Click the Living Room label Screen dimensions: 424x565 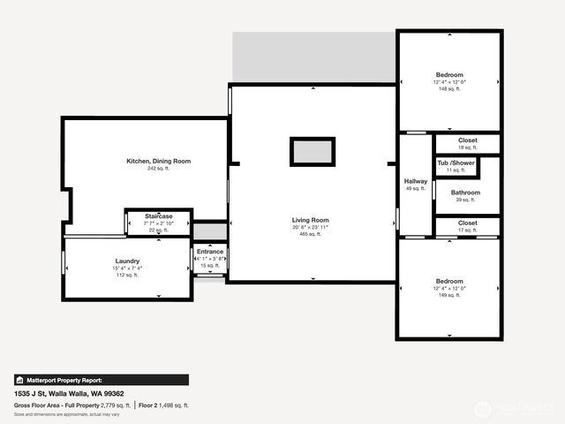point(311,220)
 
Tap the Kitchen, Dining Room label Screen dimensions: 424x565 point(159,161)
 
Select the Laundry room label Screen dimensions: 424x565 point(128,261)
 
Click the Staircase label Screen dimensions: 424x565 point(159,216)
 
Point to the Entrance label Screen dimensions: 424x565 point(210,252)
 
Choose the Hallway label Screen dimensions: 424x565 point(415,181)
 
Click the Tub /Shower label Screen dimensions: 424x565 point(456,163)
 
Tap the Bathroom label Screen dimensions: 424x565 point(465,193)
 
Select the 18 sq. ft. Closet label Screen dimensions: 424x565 point(468,140)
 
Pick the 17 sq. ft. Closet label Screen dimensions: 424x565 point(468,223)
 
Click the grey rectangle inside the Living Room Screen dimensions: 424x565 point(313,152)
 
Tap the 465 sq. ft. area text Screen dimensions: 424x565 point(311,235)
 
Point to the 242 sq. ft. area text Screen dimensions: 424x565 point(159,169)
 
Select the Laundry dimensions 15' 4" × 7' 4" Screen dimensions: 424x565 point(128,268)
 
